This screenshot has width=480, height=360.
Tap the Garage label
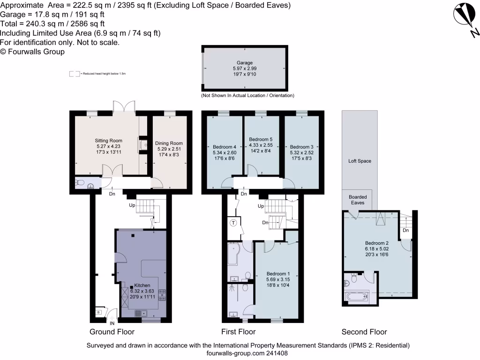point(244,63)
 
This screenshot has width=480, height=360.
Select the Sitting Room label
point(109,140)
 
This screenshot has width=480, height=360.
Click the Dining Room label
point(169,143)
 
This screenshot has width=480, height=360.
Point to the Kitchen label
point(142,285)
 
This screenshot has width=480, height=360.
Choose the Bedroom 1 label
point(278,274)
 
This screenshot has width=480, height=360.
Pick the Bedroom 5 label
point(261,139)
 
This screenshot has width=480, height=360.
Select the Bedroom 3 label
point(301,147)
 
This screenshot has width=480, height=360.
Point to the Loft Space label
point(360,161)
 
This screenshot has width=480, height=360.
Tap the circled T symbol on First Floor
point(233,223)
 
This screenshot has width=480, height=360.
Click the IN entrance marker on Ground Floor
point(112,323)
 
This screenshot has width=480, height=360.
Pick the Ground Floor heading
point(112,332)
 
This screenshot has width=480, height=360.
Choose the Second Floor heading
point(364,332)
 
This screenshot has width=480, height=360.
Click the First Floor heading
point(239,332)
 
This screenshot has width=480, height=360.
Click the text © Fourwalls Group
point(32,52)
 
